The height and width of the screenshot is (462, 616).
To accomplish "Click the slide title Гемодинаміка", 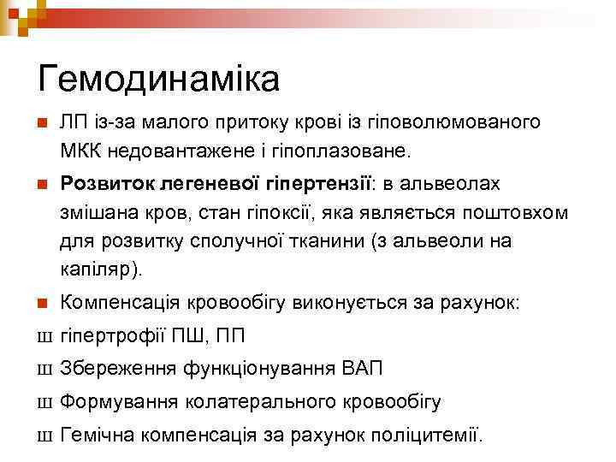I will [x=159, y=79].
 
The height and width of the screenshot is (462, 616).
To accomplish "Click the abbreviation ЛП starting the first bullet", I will [x=74, y=121].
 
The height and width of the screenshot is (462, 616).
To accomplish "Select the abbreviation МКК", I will [x=83, y=151].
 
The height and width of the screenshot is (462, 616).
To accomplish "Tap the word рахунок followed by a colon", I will [x=491, y=303].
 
